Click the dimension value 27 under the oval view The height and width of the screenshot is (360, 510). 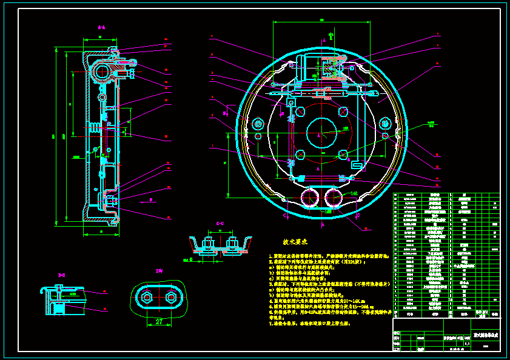point(158,322)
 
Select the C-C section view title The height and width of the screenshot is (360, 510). point(220,224)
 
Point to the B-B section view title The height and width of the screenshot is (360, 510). point(61,276)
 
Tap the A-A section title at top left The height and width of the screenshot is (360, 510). point(102,27)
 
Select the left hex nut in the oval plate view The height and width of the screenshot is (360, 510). point(147,298)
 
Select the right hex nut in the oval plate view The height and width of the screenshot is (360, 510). point(170,298)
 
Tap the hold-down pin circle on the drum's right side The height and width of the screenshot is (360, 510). point(386,124)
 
